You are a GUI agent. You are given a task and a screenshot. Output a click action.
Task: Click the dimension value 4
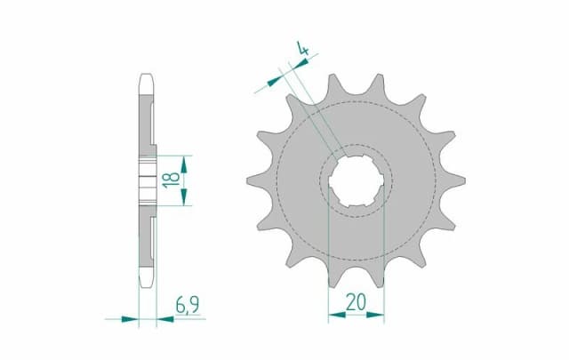pyautogui.click(x=304, y=51)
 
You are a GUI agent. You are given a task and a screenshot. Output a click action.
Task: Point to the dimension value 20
pyautogui.click(x=356, y=301)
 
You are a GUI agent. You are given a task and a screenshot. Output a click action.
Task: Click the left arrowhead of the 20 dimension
pyautogui.click(x=333, y=314)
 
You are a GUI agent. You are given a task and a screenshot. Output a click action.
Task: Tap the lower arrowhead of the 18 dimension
pyautogui.click(x=184, y=203)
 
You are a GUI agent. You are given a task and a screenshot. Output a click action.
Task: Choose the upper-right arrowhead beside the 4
pyautogui.click(x=312, y=60)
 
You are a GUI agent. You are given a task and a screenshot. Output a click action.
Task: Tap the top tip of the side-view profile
pyautogui.click(x=148, y=76)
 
